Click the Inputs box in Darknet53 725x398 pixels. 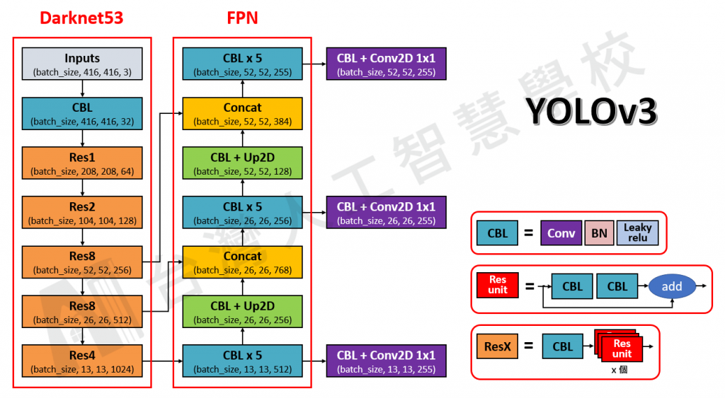82,64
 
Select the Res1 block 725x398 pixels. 82,163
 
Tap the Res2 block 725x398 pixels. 82,213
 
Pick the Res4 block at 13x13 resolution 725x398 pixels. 82,361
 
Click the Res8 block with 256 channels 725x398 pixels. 82,262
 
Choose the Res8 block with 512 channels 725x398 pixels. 82,312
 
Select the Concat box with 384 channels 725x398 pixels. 243,114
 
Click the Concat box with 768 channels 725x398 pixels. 243,262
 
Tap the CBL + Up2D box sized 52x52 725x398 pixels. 243,163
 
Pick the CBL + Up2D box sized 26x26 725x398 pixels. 243,312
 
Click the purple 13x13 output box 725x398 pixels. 386,361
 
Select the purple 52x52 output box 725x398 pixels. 386,64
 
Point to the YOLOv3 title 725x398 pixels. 592,112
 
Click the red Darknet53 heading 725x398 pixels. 81,18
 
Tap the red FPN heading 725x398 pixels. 242,18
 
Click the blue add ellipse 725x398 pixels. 671,286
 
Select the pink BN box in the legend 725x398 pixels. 599,233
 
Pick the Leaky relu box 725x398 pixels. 637,233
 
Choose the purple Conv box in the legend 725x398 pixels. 561,233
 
